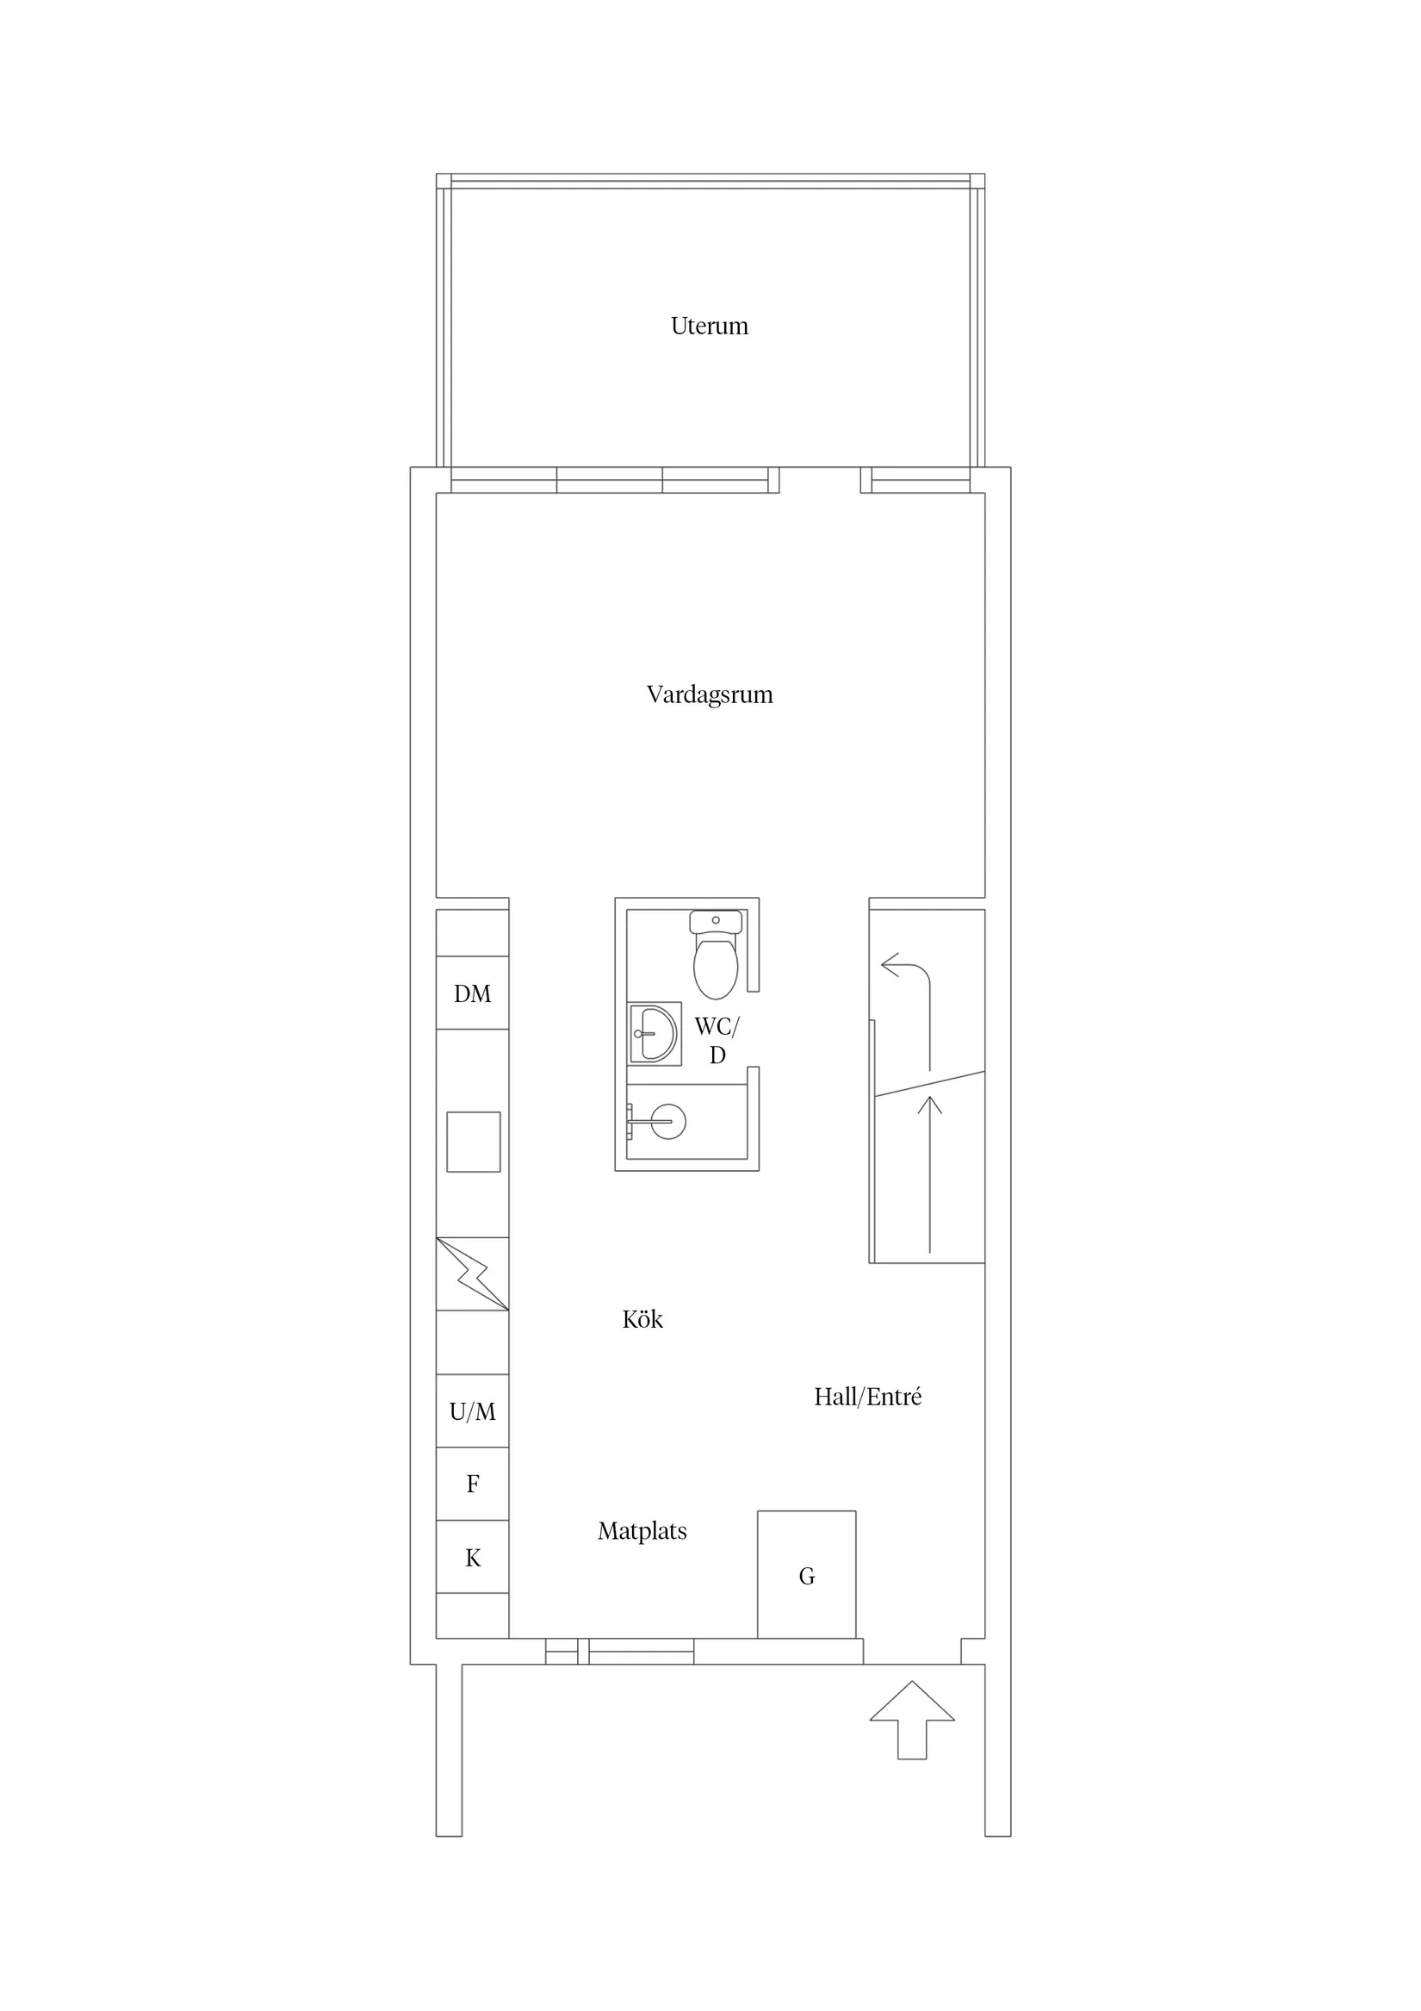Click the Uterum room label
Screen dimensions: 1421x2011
(x=709, y=326)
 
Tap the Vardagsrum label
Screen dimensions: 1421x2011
(x=709, y=695)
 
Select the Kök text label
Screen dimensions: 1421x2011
(x=642, y=1319)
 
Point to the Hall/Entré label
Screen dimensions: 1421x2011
(x=867, y=1397)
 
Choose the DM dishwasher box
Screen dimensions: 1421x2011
(x=473, y=993)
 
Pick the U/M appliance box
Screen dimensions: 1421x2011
(x=473, y=1411)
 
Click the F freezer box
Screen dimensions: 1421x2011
(x=473, y=1484)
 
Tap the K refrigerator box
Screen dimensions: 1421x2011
(x=473, y=1556)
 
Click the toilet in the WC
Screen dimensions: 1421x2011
(x=717, y=955)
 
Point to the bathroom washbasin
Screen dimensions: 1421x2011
(x=654, y=1034)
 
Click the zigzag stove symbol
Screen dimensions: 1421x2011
(x=473, y=1273)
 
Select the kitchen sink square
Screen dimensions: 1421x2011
(x=474, y=1142)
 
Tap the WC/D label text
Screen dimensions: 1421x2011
(x=717, y=1041)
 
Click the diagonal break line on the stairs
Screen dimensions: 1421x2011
(x=930, y=1083)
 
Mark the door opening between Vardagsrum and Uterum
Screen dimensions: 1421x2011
(x=820, y=480)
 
